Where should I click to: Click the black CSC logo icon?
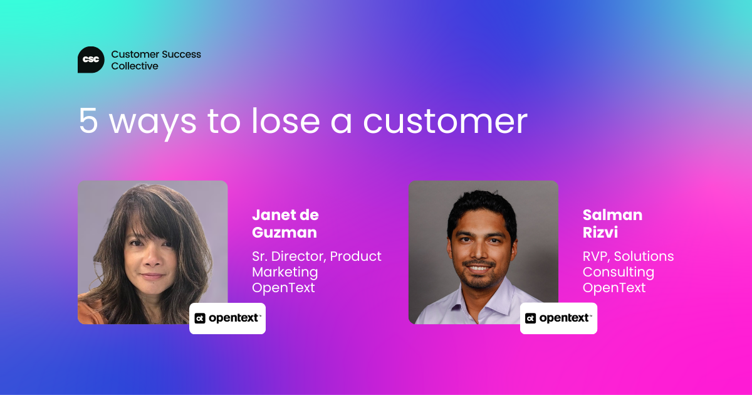91,60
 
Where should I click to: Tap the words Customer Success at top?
156,54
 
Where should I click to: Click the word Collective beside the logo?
135,66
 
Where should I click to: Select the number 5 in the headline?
88,120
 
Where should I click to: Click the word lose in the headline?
286,120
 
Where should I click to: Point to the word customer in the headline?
446,122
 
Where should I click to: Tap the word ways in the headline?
153,124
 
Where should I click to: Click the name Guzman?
285,233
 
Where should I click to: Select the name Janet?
271,215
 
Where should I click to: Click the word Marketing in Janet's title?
285,272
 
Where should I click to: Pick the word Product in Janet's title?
355,256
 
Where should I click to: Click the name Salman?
613,215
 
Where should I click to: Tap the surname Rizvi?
600,233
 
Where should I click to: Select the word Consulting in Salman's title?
619,272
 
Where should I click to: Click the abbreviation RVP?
596,256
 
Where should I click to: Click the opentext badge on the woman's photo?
227,319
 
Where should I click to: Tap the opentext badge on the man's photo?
558,319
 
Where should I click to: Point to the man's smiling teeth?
479,268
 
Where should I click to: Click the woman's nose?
154,258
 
